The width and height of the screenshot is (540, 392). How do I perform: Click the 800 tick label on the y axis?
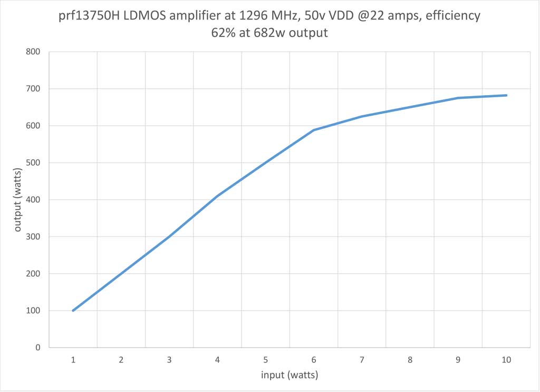point(33,52)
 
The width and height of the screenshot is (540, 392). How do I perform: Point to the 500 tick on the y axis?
point(33,163)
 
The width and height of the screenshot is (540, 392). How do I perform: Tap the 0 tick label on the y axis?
point(37,348)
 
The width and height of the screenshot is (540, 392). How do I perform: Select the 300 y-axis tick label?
point(33,237)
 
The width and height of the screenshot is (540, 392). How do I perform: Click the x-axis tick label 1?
point(73,360)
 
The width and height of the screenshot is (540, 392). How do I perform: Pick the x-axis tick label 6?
point(314,360)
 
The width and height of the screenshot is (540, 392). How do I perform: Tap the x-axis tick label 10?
point(506,360)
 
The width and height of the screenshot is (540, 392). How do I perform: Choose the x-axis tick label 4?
point(217,360)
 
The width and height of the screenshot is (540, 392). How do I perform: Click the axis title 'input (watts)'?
point(290,375)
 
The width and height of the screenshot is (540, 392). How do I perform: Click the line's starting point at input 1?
point(73,311)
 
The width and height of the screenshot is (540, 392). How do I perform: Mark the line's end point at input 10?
point(506,96)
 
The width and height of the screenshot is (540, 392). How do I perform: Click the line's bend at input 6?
point(314,130)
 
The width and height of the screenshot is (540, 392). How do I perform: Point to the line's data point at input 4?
point(217,196)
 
